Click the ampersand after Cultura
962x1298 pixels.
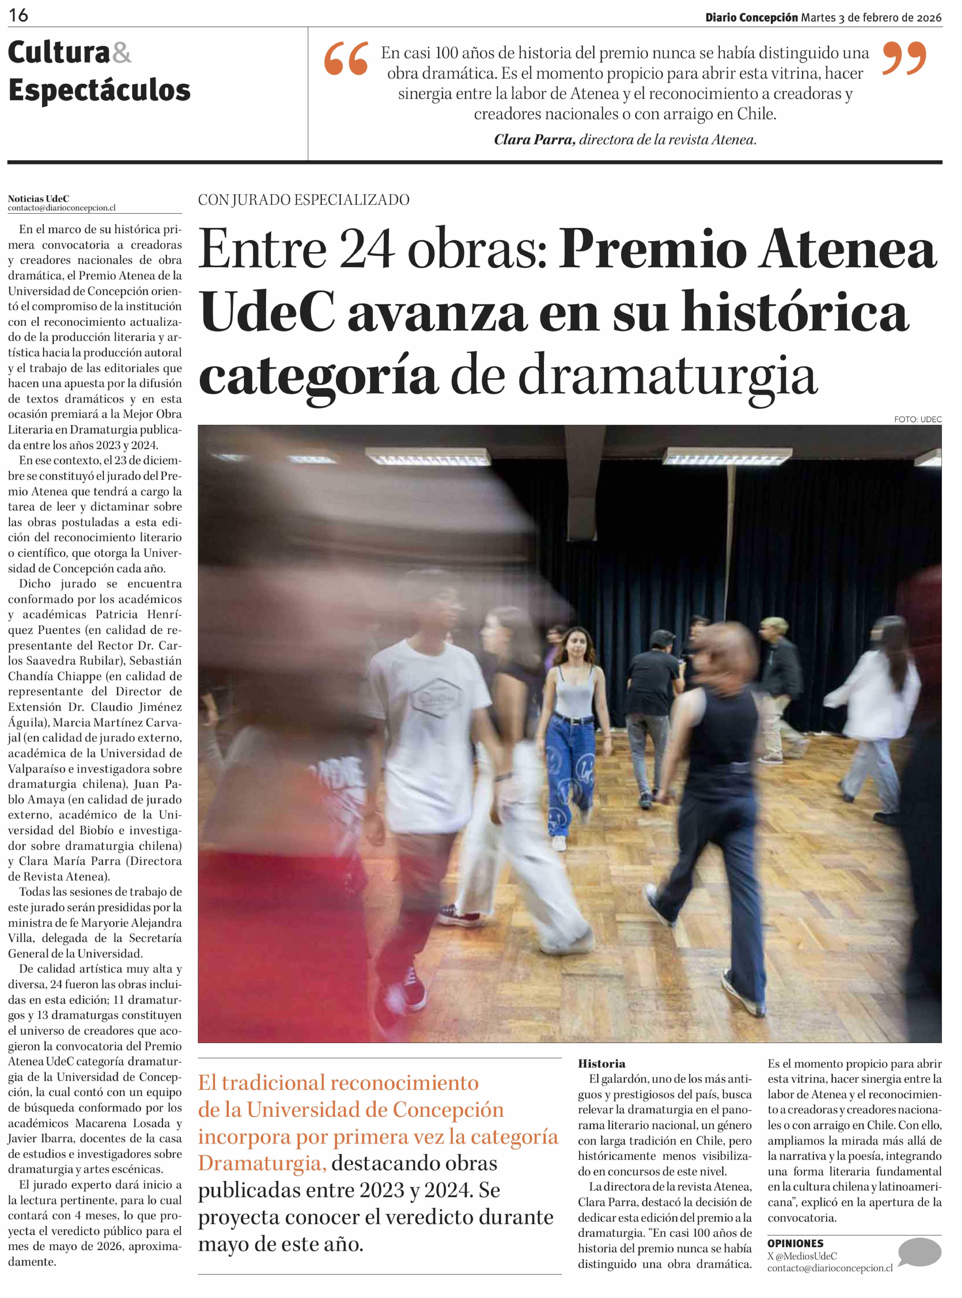(121, 54)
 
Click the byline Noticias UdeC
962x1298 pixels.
(38, 199)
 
